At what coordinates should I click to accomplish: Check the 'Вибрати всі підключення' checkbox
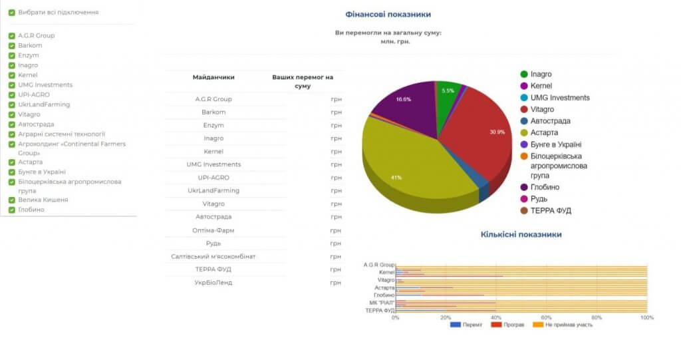[12, 13]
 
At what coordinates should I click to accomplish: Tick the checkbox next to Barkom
[12, 46]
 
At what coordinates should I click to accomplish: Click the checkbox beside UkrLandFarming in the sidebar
[12, 105]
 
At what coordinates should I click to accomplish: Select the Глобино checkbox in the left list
[12, 210]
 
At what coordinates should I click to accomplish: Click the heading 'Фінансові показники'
[388, 14]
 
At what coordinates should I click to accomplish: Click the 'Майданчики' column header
[213, 77]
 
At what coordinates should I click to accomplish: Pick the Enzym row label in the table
[213, 125]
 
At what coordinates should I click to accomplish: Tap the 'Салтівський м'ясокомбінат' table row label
[213, 257]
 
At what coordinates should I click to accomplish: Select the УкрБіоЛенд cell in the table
[213, 283]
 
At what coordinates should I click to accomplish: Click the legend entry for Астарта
[544, 133]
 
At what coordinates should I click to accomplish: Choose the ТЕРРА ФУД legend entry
[551, 211]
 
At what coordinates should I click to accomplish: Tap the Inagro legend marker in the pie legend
[524, 75]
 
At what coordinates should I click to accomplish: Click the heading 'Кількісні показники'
[521, 235]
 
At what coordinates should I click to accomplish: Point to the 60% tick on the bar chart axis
[546, 317]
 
